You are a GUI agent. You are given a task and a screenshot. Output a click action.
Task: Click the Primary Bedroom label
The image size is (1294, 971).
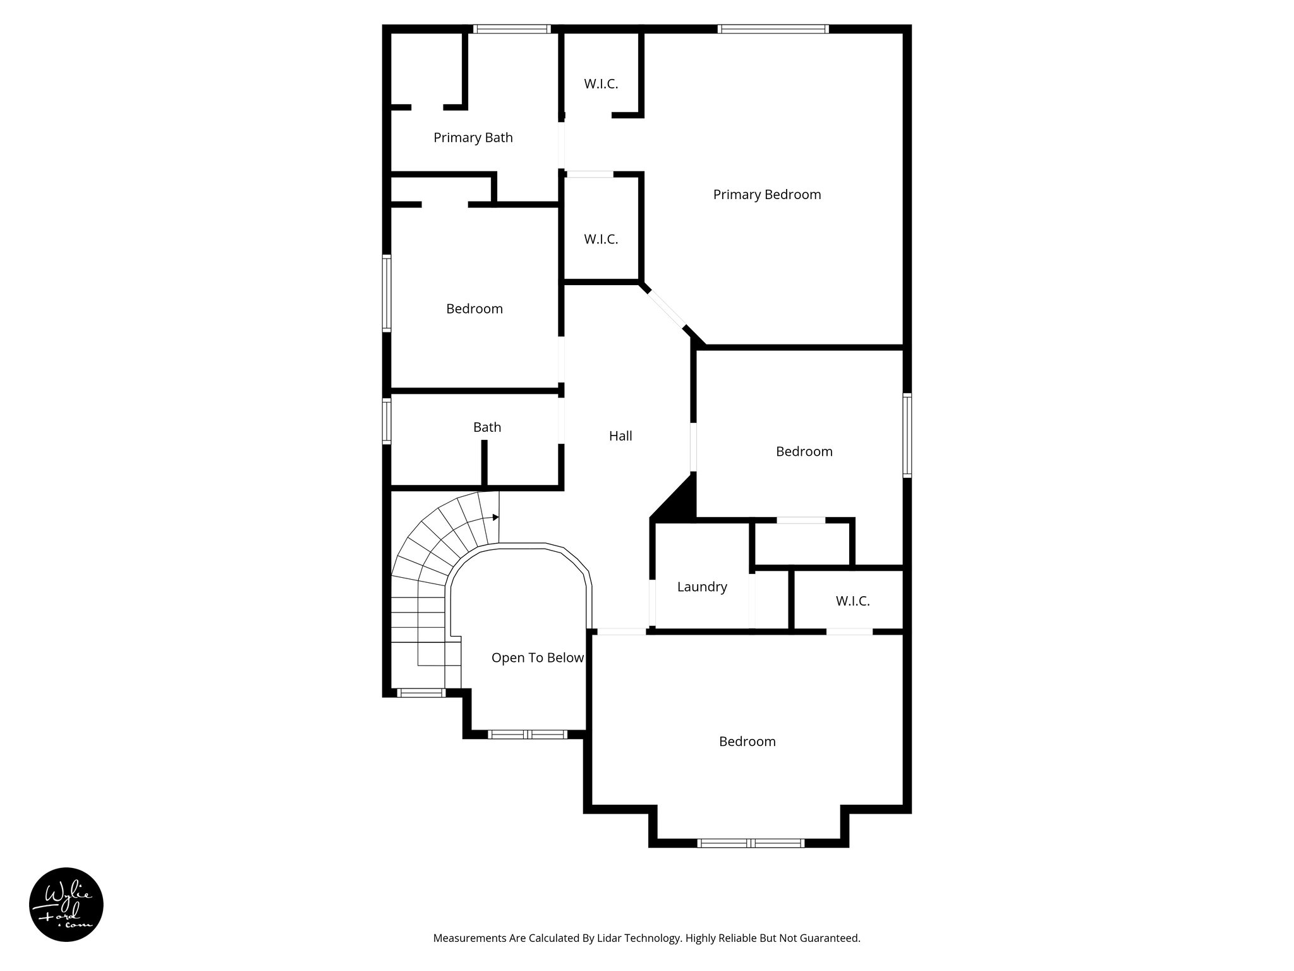coord(766,195)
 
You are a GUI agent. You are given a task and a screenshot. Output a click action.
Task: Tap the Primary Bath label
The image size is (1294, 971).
coord(473,138)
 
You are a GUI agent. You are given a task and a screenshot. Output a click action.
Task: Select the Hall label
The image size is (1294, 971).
coord(620,436)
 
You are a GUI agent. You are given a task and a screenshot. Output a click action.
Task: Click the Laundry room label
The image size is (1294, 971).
coord(701,587)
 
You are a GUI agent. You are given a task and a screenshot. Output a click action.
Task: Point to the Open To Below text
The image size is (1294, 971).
coord(537,658)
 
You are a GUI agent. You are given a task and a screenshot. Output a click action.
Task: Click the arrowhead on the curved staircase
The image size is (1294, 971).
coord(496,517)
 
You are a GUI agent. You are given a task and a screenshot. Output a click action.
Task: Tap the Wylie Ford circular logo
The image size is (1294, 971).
coord(66,905)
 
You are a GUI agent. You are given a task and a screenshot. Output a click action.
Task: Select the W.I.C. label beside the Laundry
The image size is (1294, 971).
coord(852,601)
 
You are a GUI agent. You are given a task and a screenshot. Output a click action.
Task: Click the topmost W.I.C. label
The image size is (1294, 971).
coord(600,84)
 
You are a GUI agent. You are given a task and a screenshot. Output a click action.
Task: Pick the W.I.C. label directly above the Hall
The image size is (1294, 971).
coord(600,240)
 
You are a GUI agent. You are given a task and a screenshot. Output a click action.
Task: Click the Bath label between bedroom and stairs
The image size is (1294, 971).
coord(487,427)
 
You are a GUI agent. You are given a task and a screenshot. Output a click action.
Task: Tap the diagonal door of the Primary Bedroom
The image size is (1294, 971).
coord(665,308)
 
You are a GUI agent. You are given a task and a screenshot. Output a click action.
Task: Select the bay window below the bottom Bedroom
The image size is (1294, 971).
coord(750,843)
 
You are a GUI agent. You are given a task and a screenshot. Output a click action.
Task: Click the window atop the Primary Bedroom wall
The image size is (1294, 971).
coord(772,28)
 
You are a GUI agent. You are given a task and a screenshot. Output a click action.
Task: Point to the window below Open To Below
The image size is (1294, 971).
coord(528,734)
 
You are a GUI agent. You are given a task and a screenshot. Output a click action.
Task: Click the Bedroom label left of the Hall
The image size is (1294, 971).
coord(474,309)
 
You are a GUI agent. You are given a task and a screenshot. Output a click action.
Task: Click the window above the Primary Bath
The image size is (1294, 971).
coord(511,28)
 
